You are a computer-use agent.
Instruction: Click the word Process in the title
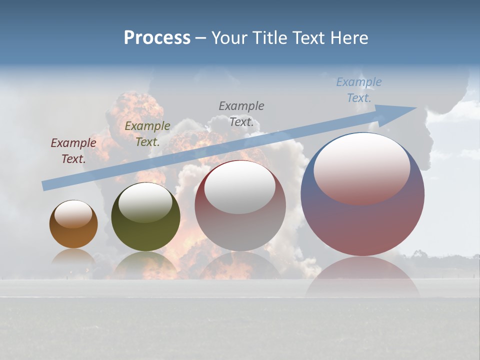157,38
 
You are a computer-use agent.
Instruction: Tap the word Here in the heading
348,38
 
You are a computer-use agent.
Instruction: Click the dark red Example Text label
73,150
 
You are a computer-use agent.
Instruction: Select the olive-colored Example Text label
147,133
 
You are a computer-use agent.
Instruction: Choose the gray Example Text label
241,113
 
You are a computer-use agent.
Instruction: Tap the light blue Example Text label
359,89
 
